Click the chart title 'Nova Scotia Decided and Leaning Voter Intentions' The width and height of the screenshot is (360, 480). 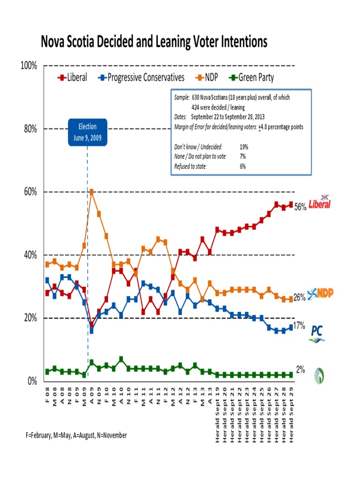click(154, 43)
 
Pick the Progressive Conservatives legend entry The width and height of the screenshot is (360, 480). click(141, 78)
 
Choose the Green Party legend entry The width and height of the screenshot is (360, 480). click(251, 78)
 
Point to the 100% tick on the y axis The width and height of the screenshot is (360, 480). click(29, 66)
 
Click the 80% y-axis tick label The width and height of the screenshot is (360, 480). click(30, 129)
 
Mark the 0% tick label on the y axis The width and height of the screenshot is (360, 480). click(32, 381)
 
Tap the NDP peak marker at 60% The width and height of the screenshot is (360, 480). click(92, 192)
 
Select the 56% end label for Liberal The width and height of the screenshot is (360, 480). click(300, 207)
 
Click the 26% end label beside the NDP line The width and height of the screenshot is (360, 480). click(300, 297)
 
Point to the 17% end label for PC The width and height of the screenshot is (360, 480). click(300, 325)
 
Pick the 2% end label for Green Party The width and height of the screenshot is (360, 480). click(300, 369)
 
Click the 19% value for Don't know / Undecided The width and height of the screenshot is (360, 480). click(244, 147)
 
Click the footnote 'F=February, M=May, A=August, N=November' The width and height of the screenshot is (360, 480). click(76, 435)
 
